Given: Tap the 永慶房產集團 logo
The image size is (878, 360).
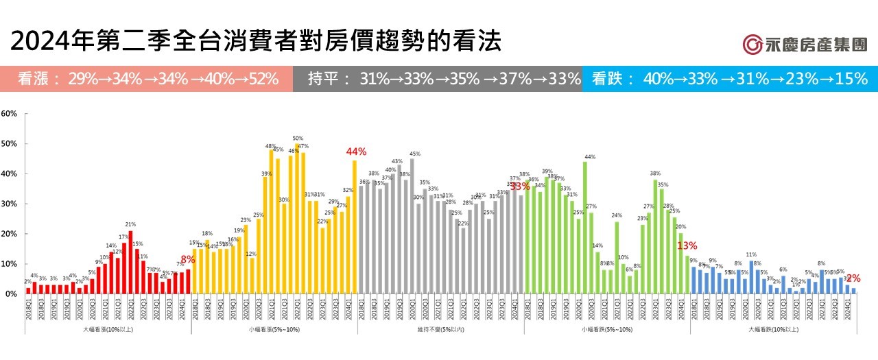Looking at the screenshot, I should pos(805,45).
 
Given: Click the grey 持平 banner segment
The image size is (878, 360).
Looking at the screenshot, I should pos(437,79).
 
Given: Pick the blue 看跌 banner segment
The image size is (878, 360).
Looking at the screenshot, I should pos(729,79).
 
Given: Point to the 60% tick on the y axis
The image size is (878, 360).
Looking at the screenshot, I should pos(9,113).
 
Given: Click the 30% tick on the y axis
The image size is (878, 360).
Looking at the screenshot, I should pos(9,204).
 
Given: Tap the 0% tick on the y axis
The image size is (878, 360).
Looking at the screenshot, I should pos(10,293).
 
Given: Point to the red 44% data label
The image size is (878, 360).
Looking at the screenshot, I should pos(357,152).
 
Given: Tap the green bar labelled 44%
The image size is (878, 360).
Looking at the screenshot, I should pos(585,228).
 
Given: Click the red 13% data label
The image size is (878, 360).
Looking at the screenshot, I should pos(687,246).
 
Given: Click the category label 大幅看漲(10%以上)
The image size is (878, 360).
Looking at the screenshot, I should pos(108,329).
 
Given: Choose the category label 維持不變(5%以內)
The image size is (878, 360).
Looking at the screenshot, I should pos(440,329).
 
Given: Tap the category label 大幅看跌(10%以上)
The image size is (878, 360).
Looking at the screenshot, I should pos(773,329).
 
